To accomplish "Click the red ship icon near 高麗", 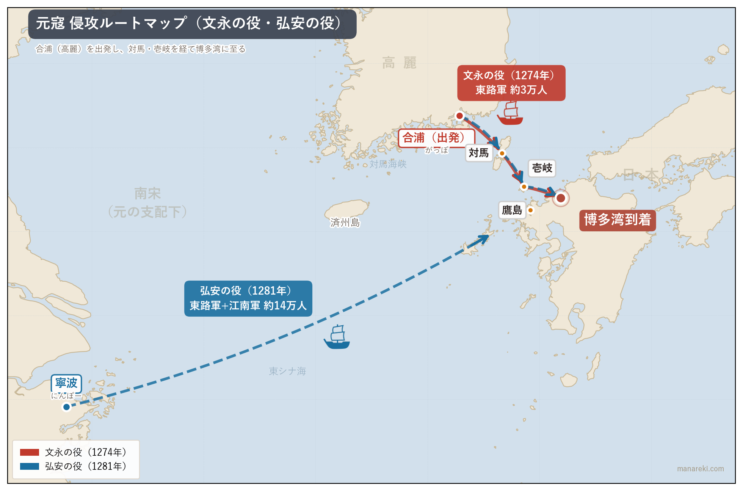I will click(x=510, y=113).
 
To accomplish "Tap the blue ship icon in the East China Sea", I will click(x=337, y=337).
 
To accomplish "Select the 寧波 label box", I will click(x=66, y=383).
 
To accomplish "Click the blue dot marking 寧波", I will click(x=66, y=407).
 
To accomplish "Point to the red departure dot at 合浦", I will click(x=459, y=116).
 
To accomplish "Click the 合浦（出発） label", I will click(x=436, y=138).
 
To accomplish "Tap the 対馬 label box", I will click(x=479, y=153).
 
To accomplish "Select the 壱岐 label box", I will click(x=542, y=168).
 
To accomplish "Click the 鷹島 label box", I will click(x=512, y=210).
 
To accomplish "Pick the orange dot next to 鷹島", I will click(x=530, y=210).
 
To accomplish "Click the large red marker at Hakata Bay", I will click(x=561, y=198).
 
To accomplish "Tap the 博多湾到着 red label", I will click(x=617, y=220).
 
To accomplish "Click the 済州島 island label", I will click(x=345, y=222).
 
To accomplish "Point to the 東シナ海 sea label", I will click(x=287, y=371).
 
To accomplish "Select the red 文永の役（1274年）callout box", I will click(x=511, y=83).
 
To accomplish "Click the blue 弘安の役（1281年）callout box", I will click(x=248, y=298).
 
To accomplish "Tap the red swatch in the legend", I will click(x=30, y=452).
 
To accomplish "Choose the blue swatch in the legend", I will click(x=30, y=466).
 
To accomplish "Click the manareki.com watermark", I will click(x=700, y=469).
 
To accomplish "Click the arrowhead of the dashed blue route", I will click(x=485, y=238).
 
